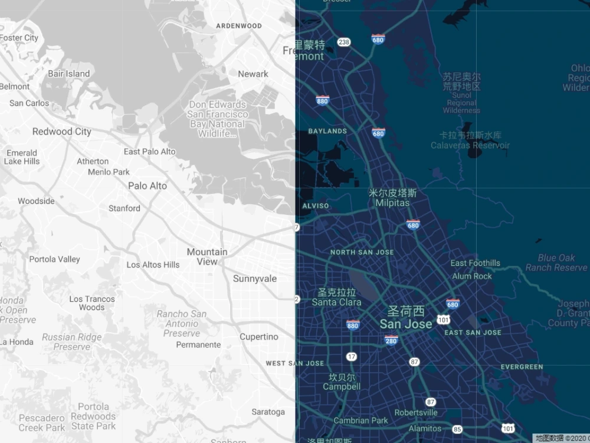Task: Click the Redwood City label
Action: [62, 132]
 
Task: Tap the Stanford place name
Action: [124, 208]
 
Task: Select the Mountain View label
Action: [207, 256]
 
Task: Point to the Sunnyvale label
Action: [254, 278]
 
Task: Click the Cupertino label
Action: [258, 337]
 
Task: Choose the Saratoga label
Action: [268, 412]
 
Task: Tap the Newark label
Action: [253, 74]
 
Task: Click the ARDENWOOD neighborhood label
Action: [239, 26]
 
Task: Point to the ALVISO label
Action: [316, 206]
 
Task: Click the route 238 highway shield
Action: [344, 42]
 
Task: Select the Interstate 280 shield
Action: [391, 340]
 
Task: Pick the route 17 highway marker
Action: [352, 356]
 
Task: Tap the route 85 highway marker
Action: [457, 429]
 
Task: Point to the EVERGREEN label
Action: [522, 367]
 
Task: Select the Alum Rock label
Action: [472, 276]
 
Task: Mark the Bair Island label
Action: [68, 74]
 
